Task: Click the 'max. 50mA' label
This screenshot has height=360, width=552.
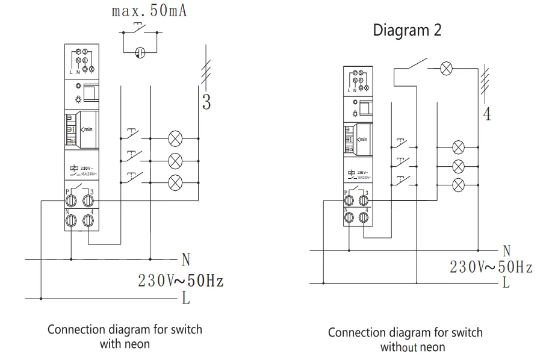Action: tap(149, 11)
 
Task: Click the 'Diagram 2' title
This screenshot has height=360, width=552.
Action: tap(408, 30)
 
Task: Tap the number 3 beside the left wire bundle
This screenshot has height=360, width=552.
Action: tap(206, 102)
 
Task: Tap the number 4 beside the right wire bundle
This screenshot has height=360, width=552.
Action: tap(487, 114)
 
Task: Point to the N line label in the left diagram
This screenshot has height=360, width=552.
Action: tap(186, 260)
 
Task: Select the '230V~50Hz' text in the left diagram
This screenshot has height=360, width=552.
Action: tap(181, 280)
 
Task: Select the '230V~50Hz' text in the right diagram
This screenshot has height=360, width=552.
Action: tap(491, 266)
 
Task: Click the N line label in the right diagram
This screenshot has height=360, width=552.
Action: tap(507, 249)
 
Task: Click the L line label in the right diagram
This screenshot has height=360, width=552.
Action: tap(506, 282)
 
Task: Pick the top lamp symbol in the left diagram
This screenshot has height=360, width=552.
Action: tap(176, 138)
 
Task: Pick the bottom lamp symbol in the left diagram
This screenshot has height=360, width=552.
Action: tap(176, 181)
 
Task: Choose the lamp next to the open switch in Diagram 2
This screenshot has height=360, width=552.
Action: tap(446, 68)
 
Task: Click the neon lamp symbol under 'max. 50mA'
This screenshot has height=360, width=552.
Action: tap(140, 52)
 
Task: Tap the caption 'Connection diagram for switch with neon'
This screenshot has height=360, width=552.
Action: tap(125, 337)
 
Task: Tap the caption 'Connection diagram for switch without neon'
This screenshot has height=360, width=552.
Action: tap(405, 340)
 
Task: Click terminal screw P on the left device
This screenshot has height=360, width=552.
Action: tap(71, 199)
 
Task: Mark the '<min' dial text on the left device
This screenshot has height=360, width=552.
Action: tap(88, 128)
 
